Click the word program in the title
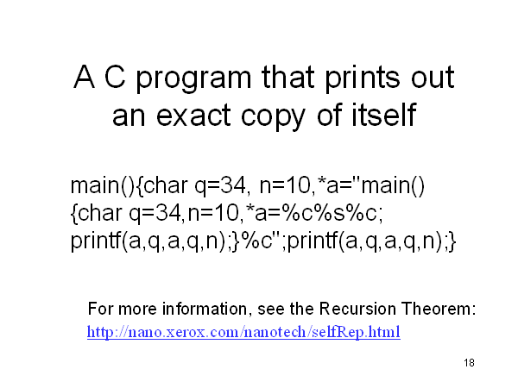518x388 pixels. [x=193, y=78]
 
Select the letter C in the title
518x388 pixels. [x=115, y=77]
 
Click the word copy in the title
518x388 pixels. [x=273, y=116]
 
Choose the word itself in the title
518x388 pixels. [x=383, y=114]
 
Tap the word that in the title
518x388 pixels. [x=287, y=77]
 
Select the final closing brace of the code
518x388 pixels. [x=452, y=241]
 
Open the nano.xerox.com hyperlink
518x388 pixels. [x=243, y=332]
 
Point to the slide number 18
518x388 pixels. [x=469, y=363]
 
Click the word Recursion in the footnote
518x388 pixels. [x=357, y=310]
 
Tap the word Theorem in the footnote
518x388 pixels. [x=439, y=310]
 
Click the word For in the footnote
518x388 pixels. [x=101, y=310]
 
